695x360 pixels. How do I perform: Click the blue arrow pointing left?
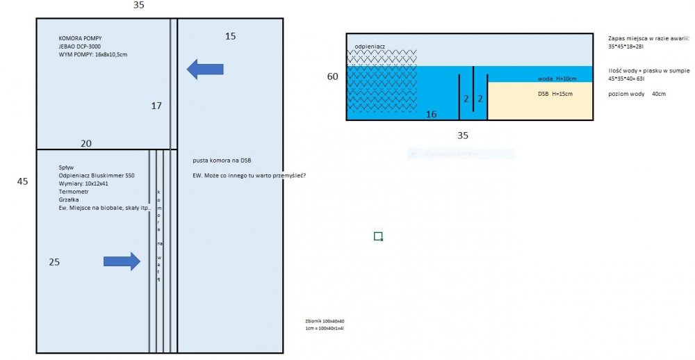pos(205,68)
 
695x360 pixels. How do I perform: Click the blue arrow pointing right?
pos(122,261)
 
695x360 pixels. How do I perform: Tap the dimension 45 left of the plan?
pos(22,181)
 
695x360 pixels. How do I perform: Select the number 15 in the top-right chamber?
pos(231,35)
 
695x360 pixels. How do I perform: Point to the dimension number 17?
pos(156,106)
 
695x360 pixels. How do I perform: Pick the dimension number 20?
pos(85,143)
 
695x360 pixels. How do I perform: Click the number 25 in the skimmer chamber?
pos(54,262)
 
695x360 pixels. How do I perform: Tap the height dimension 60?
pos(333,76)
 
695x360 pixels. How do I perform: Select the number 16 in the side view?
pos(431,114)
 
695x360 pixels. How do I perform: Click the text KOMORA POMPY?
pos(81,38)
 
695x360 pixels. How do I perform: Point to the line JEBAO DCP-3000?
pos(81,46)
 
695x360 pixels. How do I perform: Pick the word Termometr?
pos(74,191)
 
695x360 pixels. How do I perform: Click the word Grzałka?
pos(70,199)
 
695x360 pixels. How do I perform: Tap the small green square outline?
pos(378,236)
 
